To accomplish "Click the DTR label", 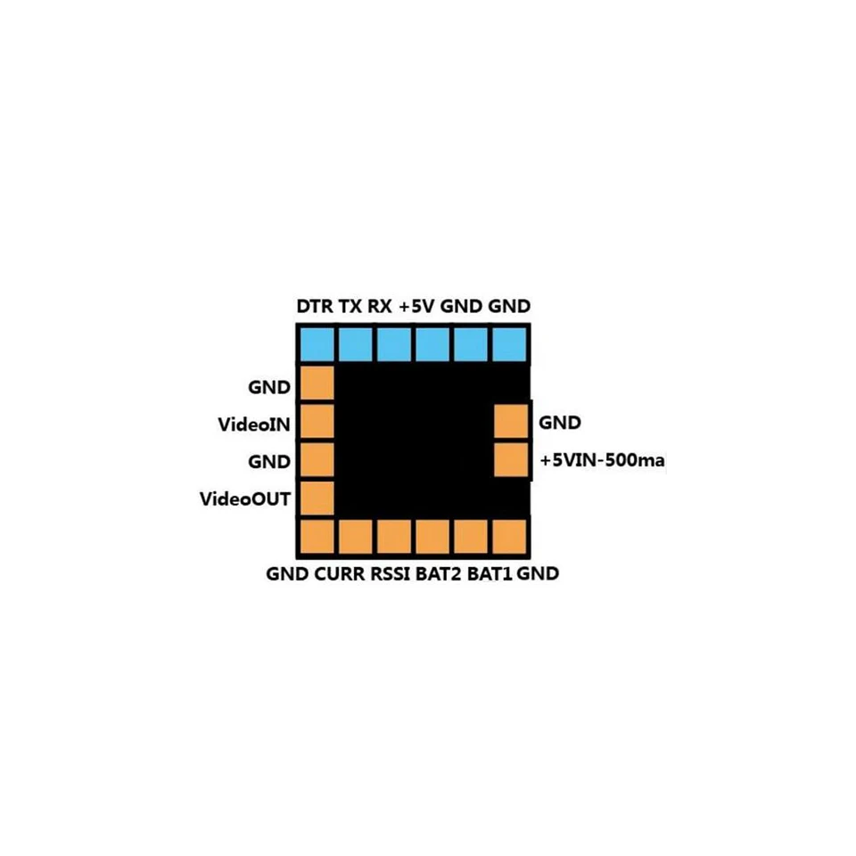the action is click(x=315, y=307).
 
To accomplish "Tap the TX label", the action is click(x=350, y=307).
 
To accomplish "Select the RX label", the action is click(x=380, y=307).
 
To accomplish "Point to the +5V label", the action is click(x=416, y=307).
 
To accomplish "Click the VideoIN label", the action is click(x=254, y=424).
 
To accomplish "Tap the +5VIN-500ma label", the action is click(x=604, y=462).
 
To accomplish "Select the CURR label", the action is click(x=339, y=574).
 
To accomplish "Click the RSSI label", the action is click(x=390, y=574).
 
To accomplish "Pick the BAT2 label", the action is click(x=439, y=574).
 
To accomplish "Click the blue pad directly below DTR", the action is click(x=316, y=343).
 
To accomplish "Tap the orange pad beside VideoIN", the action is click(x=316, y=421).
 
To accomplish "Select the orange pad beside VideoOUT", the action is click(x=316, y=498).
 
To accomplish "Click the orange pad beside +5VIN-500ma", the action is click(x=511, y=459).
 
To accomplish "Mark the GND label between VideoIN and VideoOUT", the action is click(x=269, y=462).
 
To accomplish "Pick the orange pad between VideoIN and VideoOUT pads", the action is click(x=316, y=459).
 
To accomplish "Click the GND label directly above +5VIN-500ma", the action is click(x=560, y=423).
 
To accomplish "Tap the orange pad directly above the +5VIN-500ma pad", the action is click(x=511, y=421).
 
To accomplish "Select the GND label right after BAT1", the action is click(x=539, y=574).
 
